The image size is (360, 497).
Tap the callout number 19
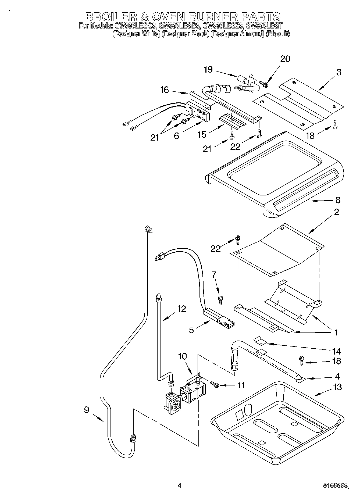tap(208, 70)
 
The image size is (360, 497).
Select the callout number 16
tap(164, 90)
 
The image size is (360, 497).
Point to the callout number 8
tap(338, 200)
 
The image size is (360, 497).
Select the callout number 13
tap(337, 387)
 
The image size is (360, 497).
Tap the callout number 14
tap(336, 351)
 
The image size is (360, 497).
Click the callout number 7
tap(214, 274)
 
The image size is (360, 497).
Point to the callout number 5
tap(191, 330)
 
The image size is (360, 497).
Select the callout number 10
tap(182, 356)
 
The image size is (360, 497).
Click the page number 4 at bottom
tap(180, 485)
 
